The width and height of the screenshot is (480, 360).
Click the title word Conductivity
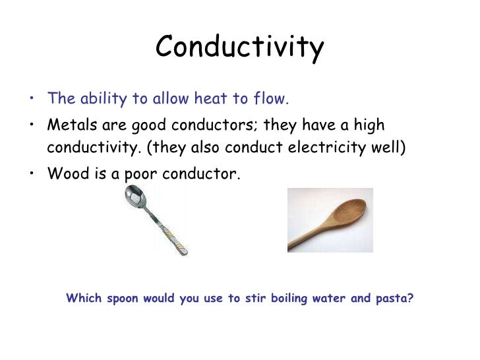tap(240, 47)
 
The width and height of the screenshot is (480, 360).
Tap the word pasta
tap(394, 298)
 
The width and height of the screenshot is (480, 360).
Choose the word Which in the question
tap(84, 298)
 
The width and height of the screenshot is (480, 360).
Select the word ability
tap(102, 100)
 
